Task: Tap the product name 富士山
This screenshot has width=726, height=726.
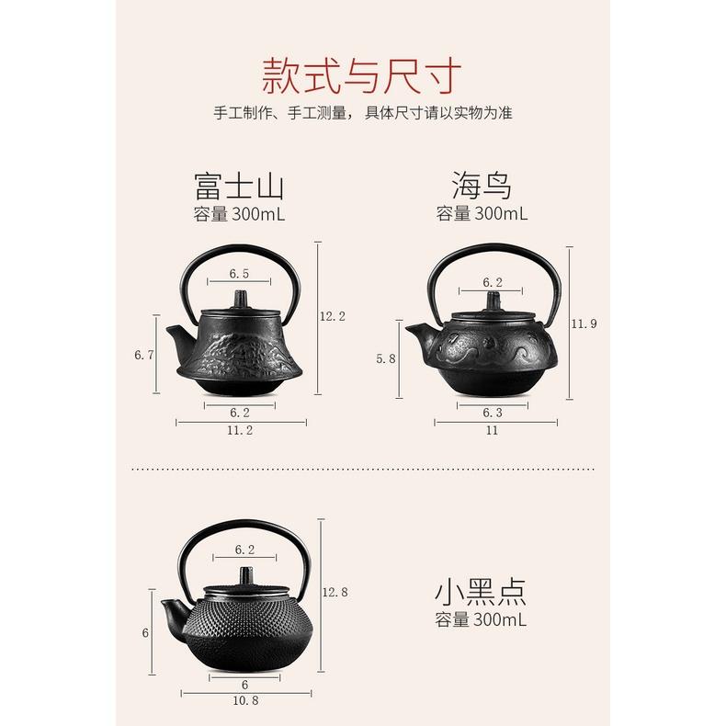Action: (239, 187)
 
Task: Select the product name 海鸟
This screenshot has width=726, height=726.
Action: (482, 187)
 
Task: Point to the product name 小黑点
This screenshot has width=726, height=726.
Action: (482, 590)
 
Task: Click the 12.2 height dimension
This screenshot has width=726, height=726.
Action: (332, 316)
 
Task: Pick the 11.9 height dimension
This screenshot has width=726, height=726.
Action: (584, 323)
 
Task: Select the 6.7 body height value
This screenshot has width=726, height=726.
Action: (144, 355)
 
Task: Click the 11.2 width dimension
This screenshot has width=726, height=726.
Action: (240, 430)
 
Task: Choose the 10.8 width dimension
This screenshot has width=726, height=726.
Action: (244, 701)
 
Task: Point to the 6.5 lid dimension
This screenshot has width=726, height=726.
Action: (240, 274)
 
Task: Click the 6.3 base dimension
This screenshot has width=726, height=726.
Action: (493, 414)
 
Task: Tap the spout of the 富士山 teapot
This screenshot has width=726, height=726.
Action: (175, 330)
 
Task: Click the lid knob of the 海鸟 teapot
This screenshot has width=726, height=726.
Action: (493, 301)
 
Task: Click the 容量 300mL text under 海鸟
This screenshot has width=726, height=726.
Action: (482, 214)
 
